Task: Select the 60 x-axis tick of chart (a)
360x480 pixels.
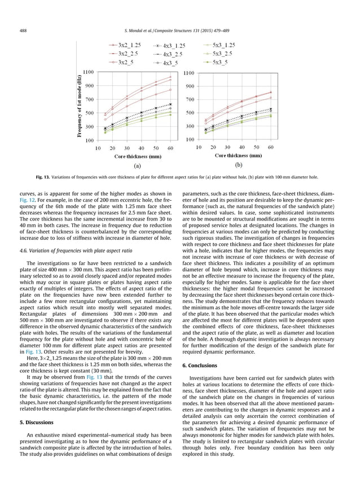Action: click(x=170, y=148)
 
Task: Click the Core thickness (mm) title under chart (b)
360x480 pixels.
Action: click(x=238, y=155)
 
